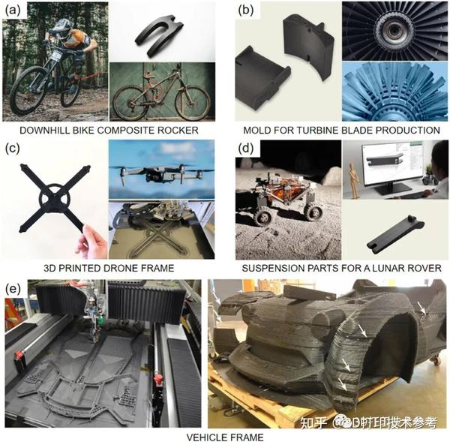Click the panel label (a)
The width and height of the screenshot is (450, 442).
(13, 11)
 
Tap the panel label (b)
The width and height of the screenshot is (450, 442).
(246, 11)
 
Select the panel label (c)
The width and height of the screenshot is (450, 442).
(13, 149)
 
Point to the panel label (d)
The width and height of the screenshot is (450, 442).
(246, 149)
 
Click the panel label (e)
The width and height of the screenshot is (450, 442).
(13, 289)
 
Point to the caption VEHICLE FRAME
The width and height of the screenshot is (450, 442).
(225, 437)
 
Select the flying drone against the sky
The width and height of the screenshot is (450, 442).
(161, 173)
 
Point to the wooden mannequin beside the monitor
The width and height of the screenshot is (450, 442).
(354, 181)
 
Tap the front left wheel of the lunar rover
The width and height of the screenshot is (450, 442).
(264, 218)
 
